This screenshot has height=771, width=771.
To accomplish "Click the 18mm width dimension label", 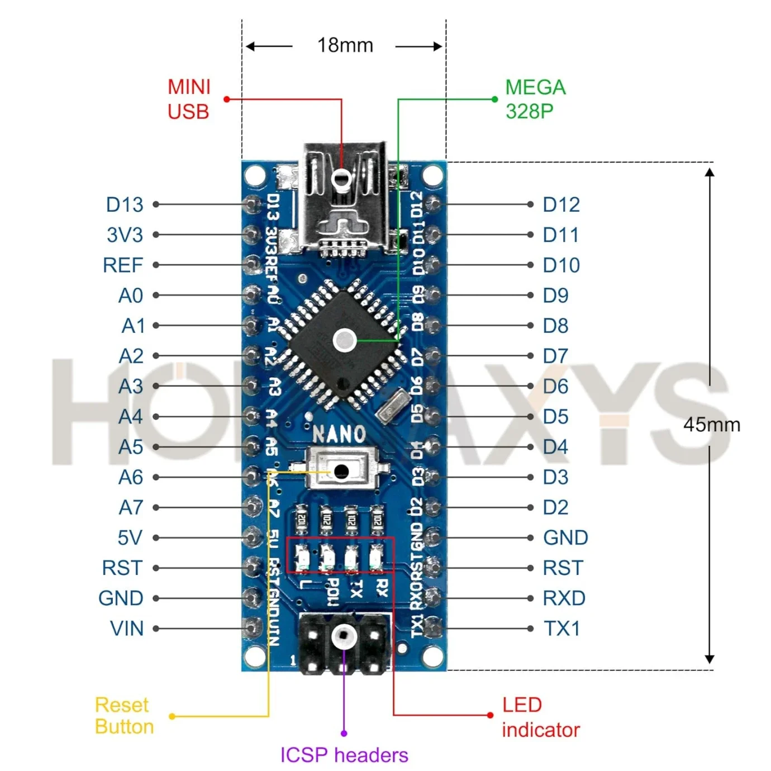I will click(345, 45).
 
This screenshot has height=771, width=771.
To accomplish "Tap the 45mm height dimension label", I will click(711, 425).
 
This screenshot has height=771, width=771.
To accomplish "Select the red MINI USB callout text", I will click(189, 99).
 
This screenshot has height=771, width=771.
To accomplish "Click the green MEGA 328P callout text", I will click(535, 99).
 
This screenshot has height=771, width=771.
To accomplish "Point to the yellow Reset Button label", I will click(124, 716).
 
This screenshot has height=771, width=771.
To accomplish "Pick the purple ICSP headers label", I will click(344, 755).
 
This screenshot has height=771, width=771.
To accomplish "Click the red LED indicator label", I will click(540, 717).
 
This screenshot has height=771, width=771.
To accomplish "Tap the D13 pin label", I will click(125, 204).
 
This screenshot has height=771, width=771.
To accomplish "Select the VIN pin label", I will click(127, 629).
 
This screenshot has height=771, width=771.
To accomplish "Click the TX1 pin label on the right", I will click(561, 629).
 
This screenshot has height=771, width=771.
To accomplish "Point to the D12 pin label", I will click(561, 204).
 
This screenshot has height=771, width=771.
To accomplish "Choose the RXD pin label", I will click(564, 598).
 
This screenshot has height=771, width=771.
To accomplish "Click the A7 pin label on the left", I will click(131, 507).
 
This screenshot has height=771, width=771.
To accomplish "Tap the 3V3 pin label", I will click(125, 235).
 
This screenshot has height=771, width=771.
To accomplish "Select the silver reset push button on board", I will click(340, 471).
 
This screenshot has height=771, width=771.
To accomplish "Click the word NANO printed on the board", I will click(339, 434).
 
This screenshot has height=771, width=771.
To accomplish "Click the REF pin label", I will click(123, 265).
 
